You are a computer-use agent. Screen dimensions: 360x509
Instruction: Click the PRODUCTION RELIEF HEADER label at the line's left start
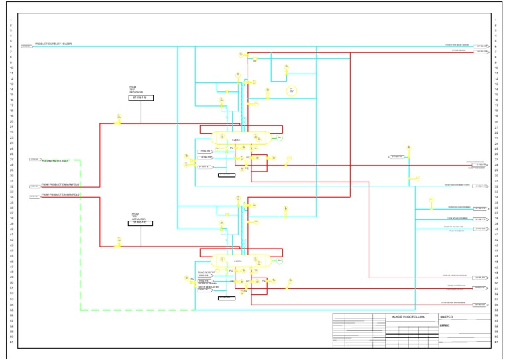pyautogui.click(x=53, y=44)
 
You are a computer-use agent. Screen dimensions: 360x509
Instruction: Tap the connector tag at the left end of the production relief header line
pyautogui.click(x=27, y=46)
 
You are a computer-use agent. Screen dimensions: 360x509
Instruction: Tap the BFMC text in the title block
pyautogui.click(x=444, y=325)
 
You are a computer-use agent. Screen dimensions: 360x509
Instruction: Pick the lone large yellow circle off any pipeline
pyautogui.click(x=291, y=90)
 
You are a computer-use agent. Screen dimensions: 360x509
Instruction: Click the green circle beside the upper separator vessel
pyautogui.click(x=280, y=137)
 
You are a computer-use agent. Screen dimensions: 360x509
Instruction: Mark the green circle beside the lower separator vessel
pyautogui.click(x=280, y=261)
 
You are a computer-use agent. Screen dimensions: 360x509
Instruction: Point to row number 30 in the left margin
pyautogui.click(x=11, y=176)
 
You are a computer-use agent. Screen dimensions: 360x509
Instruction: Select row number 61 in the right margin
pyautogui.click(x=496, y=343)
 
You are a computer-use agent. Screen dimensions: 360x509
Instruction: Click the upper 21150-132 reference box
pyautogui.click(x=141, y=97)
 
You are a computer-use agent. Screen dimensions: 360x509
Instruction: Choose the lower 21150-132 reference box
pyautogui.click(x=141, y=223)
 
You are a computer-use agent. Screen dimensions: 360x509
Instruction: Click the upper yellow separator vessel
pyautogui.click(x=239, y=137)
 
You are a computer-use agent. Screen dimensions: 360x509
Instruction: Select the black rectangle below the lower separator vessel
pyautogui.click(x=227, y=298)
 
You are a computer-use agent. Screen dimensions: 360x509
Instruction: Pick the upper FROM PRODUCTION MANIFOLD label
pyautogui.click(x=60, y=184)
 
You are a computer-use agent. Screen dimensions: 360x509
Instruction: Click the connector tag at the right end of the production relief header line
pyautogui.click(x=482, y=46)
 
